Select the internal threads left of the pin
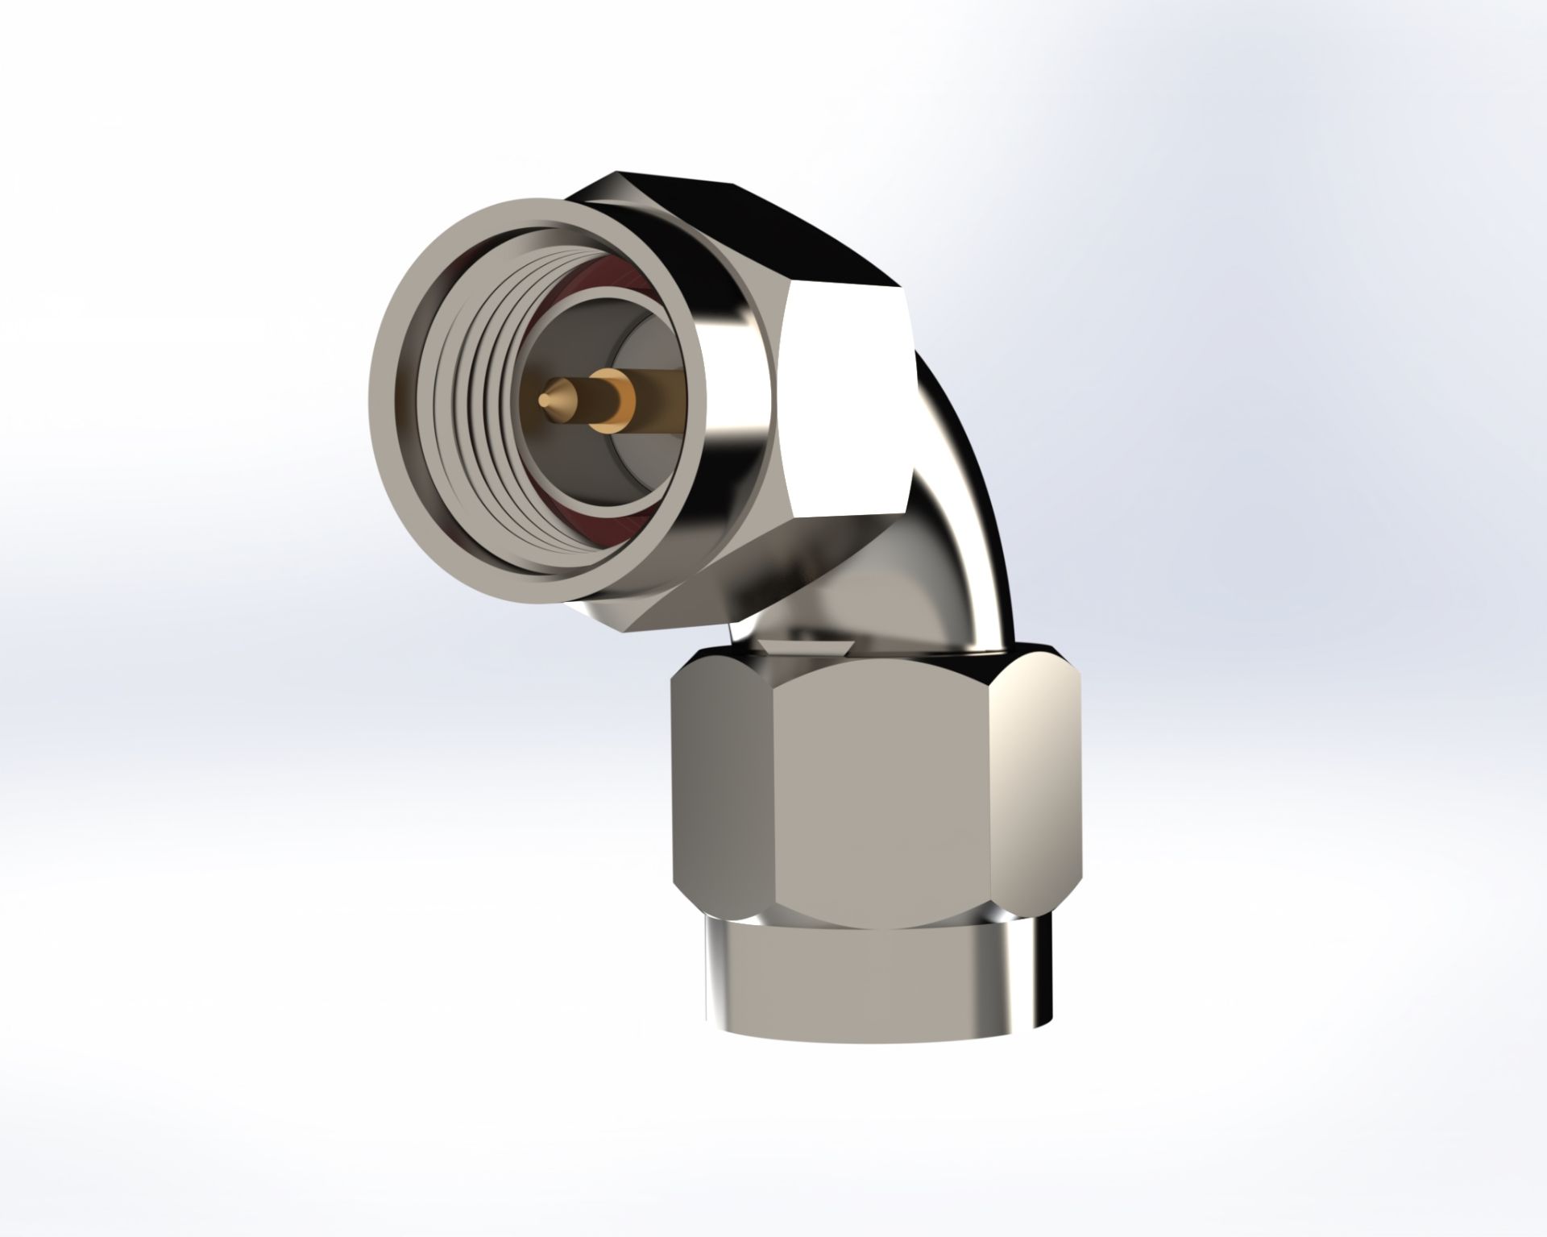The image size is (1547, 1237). [x=471, y=403]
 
